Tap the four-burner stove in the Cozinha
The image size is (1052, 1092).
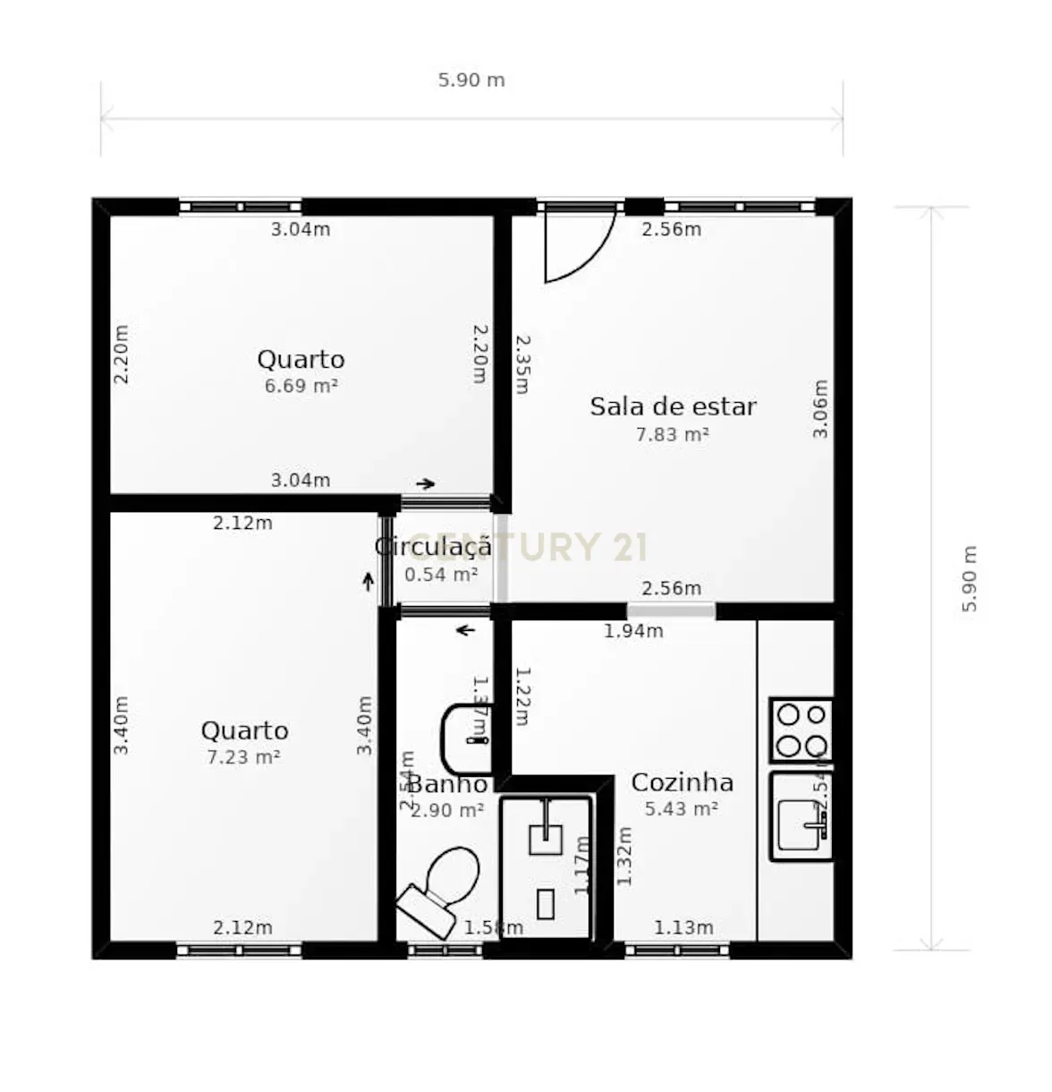pyautogui.click(x=802, y=729)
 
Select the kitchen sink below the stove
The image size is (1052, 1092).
pyautogui.click(x=802, y=817)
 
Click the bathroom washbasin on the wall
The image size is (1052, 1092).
pyautogui.click(x=467, y=739)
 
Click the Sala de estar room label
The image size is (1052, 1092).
pyautogui.click(x=673, y=406)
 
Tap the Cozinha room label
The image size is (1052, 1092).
pyautogui.click(x=682, y=782)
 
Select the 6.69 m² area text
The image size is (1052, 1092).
pyautogui.click(x=301, y=387)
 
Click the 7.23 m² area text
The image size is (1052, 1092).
pyautogui.click(x=243, y=757)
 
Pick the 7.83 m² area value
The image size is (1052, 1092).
pyautogui.click(x=672, y=435)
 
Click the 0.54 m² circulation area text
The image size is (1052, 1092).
pyautogui.click(x=440, y=575)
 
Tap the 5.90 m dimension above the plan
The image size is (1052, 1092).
pyautogui.click(x=471, y=81)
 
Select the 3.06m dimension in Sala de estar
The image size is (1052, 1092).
pyautogui.click(x=820, y=409)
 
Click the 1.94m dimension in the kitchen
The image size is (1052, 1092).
pyautogui.click(x=633, y=631)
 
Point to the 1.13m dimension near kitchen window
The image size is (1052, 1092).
pyautogui.click(x=683, y=928)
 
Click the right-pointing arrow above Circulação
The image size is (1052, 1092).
pyautogui.click(x=425, y=484)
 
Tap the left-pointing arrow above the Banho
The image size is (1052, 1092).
pyautogui.click(x=465, y=631)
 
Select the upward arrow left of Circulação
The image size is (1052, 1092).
pyautogui.click(x=368, y=582)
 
